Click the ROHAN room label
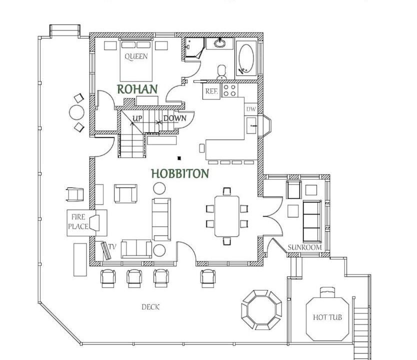click(137, 89)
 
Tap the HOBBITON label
click(180, 173)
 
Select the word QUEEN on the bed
click(136, 56)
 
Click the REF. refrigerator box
click(211, 91)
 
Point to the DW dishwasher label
click(251, 109)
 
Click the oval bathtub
click(246, 58)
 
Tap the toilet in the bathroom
click(221, 72)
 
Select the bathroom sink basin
click(219, 43)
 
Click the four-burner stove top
click(229, 90)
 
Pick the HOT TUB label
click(327, 317)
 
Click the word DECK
click(150, 307)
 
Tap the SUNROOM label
click(305, 247)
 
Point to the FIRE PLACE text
click(78, 221)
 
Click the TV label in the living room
click(112, 247)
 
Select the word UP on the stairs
click(137, 118)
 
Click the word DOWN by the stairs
click(174, 118)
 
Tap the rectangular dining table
click(227, 216)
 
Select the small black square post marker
click(179, 158)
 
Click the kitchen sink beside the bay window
click(251, 125)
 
